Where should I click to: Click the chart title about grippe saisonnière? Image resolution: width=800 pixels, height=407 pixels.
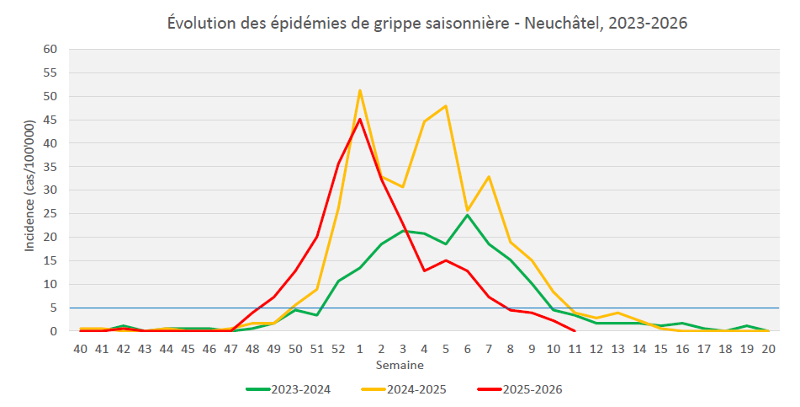click(426, 23)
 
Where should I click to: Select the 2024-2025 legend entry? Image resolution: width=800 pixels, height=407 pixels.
click(411, 388)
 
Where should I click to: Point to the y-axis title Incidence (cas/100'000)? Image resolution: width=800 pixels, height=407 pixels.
click(29, 190)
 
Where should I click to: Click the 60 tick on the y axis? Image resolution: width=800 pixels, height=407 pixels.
click(50, 50)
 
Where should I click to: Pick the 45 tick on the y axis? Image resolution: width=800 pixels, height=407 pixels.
click(50, 120)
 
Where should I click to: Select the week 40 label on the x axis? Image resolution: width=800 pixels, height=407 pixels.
click(80, 348)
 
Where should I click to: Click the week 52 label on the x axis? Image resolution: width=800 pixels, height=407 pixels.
click(338, 348)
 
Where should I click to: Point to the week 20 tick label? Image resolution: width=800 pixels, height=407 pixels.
click(768, 348)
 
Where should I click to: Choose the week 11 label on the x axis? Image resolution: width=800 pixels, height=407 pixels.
click(575, 348)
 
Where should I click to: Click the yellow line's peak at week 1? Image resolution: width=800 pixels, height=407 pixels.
click(360, 90)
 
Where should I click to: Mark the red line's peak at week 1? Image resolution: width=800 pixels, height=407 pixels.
click(360, 119)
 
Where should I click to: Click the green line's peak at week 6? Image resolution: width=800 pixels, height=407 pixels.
click(468, 215)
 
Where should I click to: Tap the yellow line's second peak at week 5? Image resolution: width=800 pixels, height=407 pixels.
click(446, 106)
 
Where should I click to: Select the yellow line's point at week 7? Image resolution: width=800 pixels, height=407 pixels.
click(489, 177)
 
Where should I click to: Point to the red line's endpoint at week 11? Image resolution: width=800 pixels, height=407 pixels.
click(575, 331)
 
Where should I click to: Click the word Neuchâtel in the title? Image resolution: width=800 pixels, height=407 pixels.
click(559, 23)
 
